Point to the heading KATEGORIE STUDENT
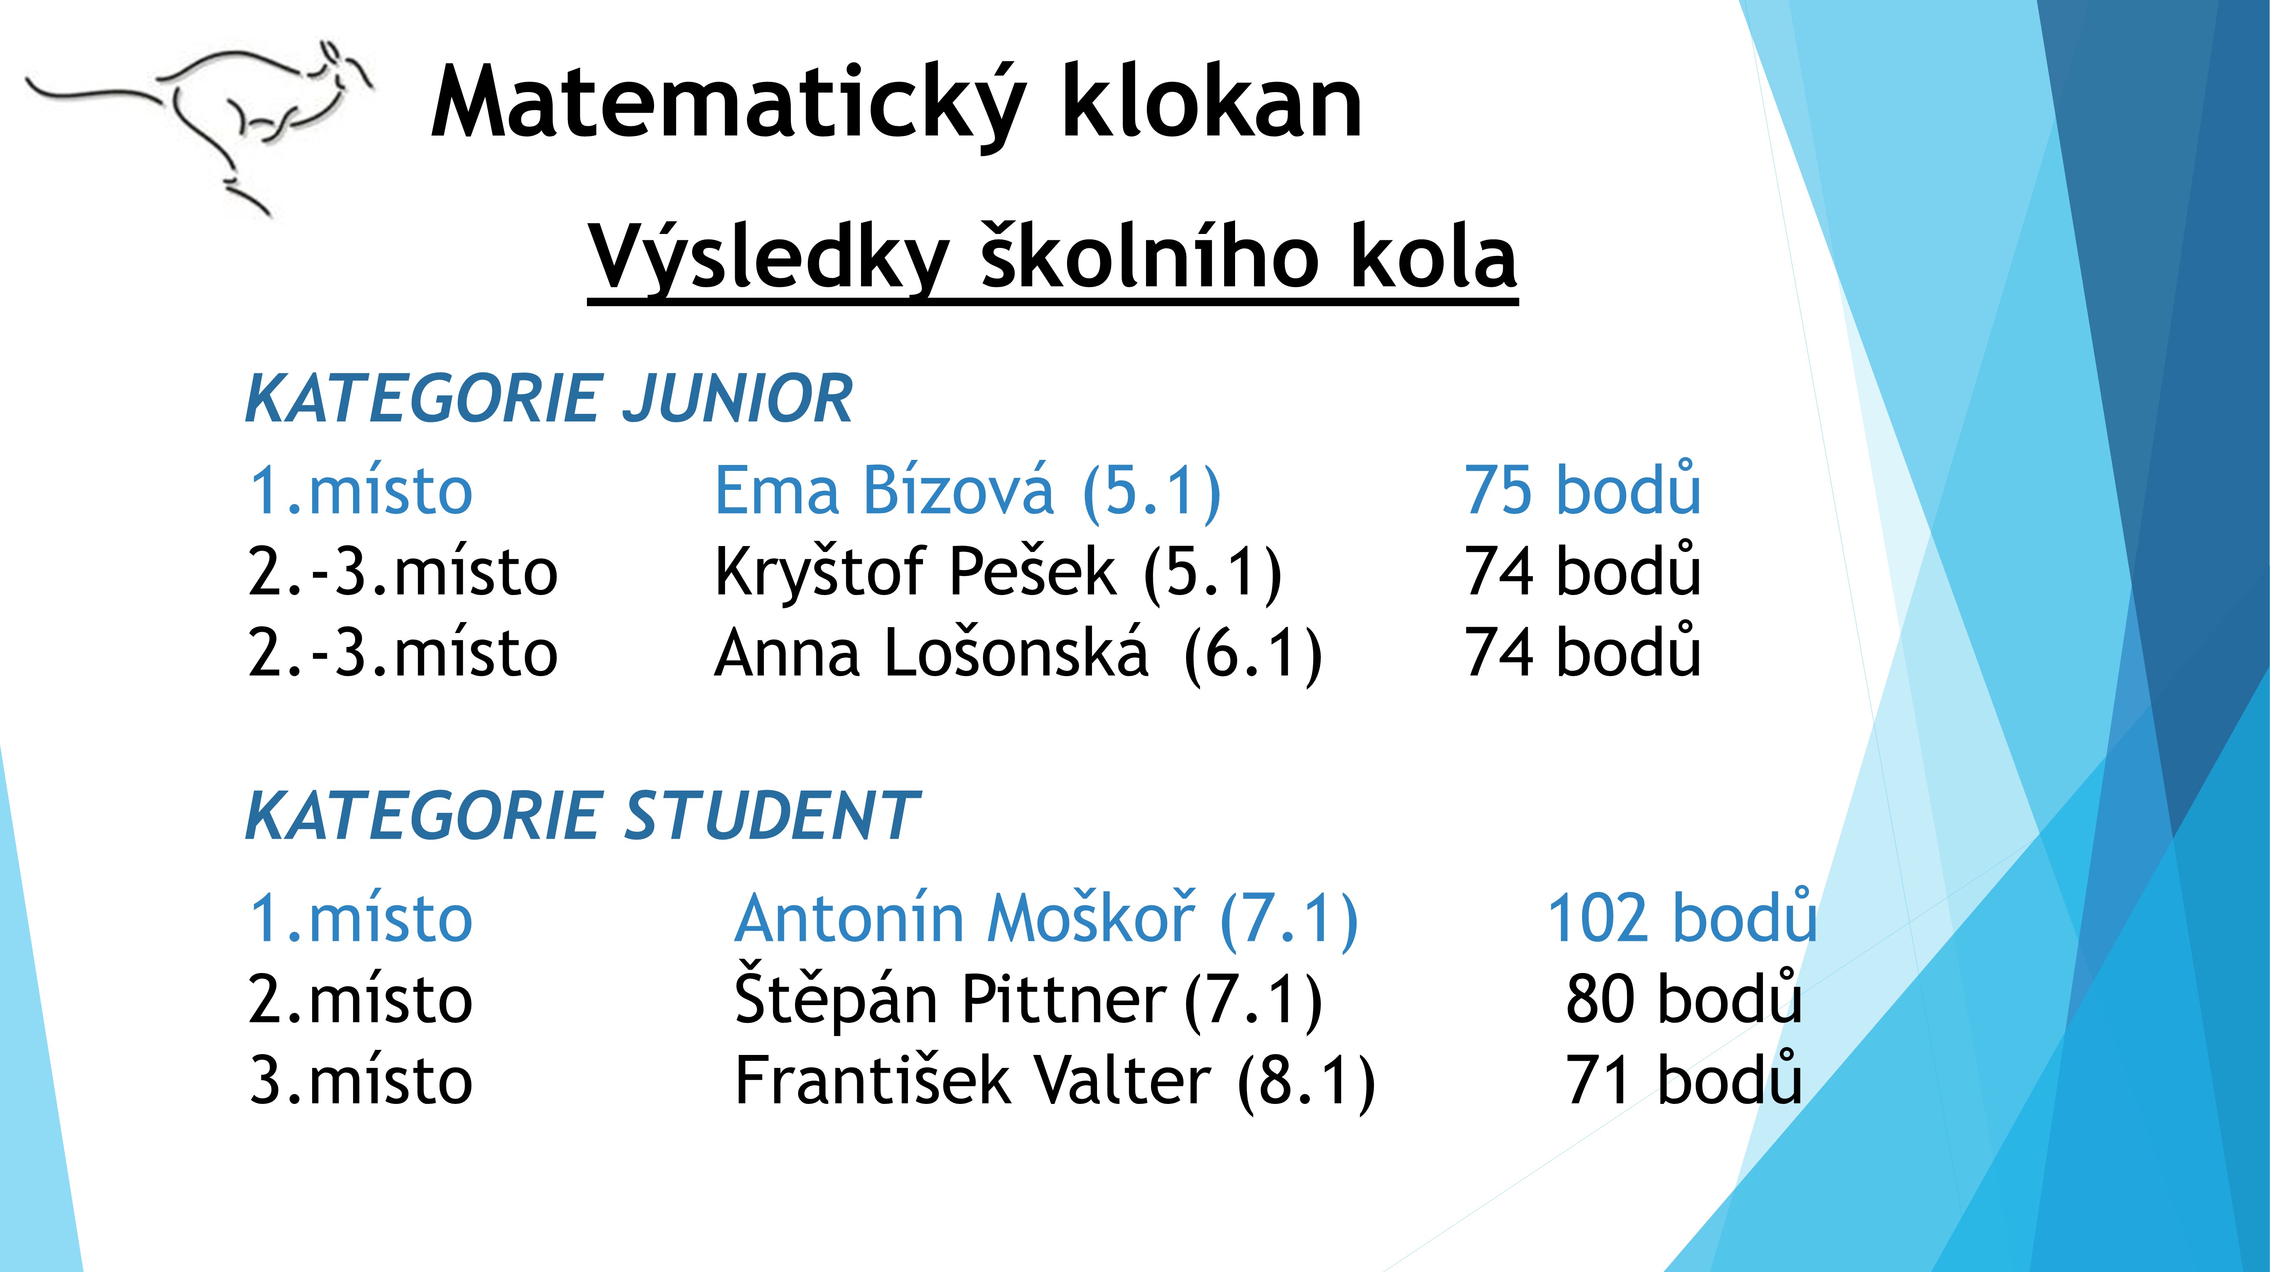tap(581, 816)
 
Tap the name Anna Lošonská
tap(931, 653)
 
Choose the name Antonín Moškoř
tap(965, 919)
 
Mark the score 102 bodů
tap(1681, 919)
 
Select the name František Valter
tap(972, 1082)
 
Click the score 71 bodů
tap(1683, 1082)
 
